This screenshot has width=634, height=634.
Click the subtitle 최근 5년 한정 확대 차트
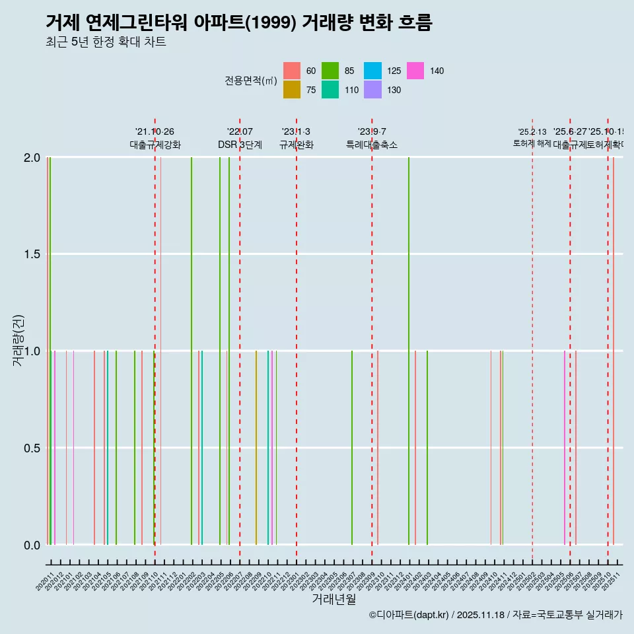click(x=106, y=42)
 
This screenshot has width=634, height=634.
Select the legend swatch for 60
click(x=292, y=71)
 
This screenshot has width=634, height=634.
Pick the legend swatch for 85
click(x=330, y=71)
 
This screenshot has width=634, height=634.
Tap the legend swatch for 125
click(x=372, y=71)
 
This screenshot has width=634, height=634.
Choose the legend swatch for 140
click(x=415, y=71)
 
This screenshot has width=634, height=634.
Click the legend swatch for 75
click(x=292, y=90)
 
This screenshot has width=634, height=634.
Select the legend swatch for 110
click(x=330, y=90)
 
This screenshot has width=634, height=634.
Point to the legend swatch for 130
click(x=372, y=90)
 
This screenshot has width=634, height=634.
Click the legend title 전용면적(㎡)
click(x=251, y=81)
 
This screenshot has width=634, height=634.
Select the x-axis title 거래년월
click(x=334, y=599)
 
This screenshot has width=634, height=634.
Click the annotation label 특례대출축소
click(x=372, y=145)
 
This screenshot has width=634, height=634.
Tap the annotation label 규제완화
click(x=296, y=145)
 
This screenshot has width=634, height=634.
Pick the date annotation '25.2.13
click(x=532, y=132)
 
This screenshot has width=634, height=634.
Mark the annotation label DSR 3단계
click(x=240, y=145)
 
